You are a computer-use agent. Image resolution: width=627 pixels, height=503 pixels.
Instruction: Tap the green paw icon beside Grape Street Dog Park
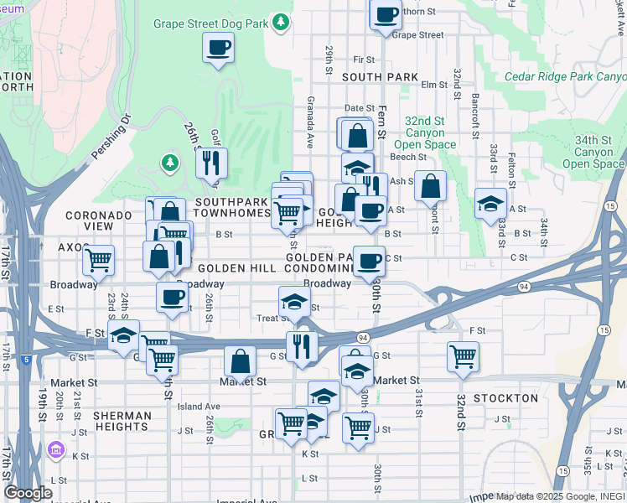(282, 23)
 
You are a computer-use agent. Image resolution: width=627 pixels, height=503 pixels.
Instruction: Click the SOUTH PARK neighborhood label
(380, 77)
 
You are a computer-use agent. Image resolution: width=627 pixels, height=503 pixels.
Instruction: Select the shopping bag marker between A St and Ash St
(430, 186)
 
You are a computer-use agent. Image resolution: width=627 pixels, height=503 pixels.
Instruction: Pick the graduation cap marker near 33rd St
(490, 204)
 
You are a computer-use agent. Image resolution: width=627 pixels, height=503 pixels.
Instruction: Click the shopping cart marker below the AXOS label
(99, 261)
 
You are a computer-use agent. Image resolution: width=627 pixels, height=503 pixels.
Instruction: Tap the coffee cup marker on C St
(368, 261)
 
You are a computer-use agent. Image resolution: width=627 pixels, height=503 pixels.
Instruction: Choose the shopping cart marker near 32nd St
(463, 356)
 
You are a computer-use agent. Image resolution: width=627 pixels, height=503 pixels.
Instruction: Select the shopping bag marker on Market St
(240, 363)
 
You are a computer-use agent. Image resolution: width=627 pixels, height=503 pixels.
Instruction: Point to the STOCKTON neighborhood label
(505, 397)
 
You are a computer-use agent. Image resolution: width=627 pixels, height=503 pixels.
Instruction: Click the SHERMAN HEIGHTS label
(122, 421)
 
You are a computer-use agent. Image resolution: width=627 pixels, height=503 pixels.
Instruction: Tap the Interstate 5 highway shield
(27, 359)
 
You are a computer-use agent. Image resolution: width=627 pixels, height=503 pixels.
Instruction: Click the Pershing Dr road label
(111, 137)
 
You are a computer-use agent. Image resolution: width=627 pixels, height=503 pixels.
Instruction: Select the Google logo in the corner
(28, 493)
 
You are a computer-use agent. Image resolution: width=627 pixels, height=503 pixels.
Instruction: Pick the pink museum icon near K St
(57, 450)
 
